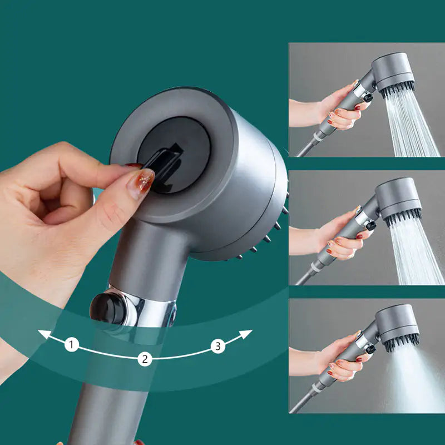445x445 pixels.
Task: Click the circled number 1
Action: (x=71, y=345)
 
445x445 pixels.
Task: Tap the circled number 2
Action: (x=145, y=359)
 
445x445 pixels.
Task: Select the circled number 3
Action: (x=218, y=346)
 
